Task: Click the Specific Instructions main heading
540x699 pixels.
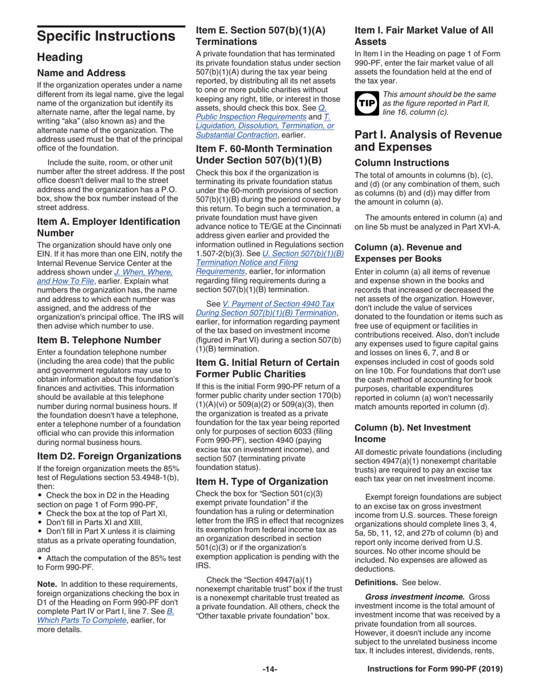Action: (105, 37)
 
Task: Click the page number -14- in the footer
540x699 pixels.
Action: (270, 669)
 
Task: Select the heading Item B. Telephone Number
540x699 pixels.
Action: (98, 340)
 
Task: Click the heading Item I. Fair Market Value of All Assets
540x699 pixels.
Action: (423, 35)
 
